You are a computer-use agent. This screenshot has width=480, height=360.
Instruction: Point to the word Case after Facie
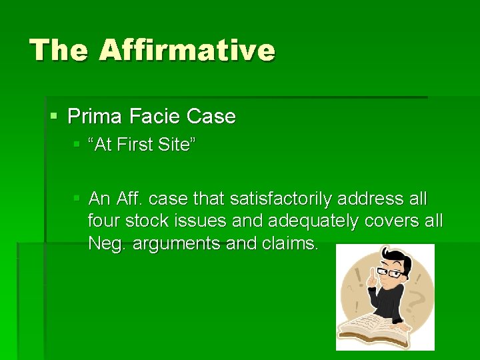[211, 117]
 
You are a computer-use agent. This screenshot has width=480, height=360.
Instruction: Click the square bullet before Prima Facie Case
[54, 117]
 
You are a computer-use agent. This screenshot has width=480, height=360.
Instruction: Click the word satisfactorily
[282, 199]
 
